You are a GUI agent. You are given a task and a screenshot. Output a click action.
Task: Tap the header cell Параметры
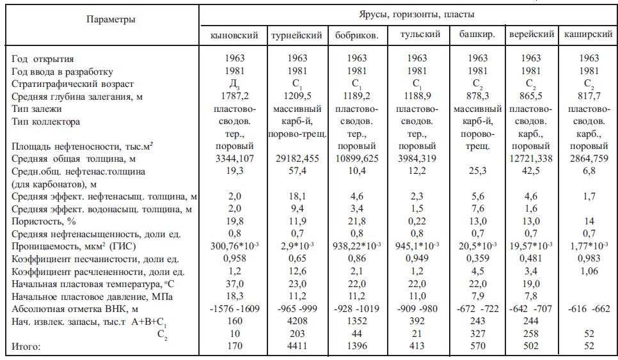coord(111,19)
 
